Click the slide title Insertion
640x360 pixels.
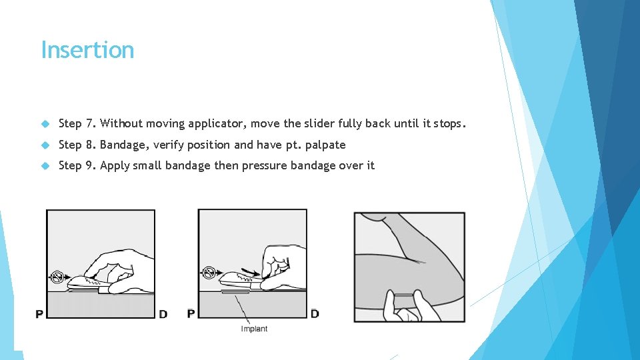point(87,50)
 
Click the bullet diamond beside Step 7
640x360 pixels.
point(45,124)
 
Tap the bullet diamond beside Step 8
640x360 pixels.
point(45,145)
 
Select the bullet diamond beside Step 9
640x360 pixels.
point(45,166)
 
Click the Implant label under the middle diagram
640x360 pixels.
point(254,329)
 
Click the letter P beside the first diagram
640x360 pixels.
point(39,314)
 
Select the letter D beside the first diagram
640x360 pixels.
point(163,314)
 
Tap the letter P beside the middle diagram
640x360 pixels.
point(191,313)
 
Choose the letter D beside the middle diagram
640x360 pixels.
point(315,313)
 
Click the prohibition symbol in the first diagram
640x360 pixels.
point(57,277)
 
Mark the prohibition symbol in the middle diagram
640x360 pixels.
point(209,272)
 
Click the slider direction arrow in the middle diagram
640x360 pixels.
point(250,271)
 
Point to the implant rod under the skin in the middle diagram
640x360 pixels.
point(235,292)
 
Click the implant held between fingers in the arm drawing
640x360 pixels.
point(404,295)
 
